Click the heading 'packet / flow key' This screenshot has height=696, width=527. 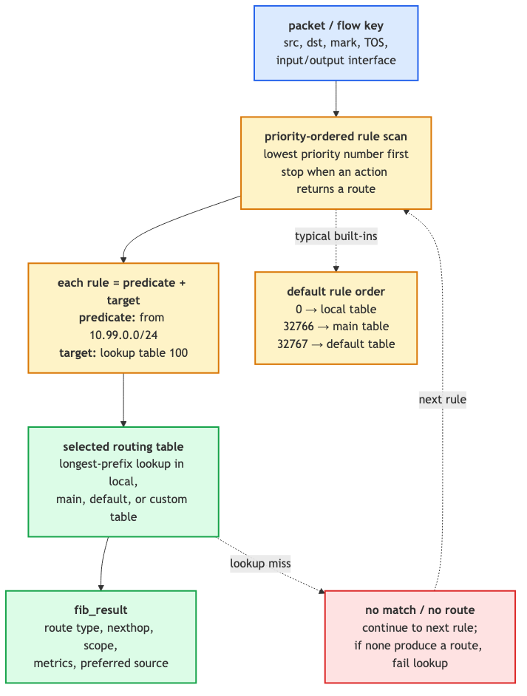click(x=336, y=26)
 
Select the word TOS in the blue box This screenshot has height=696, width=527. click(x=375, y=43)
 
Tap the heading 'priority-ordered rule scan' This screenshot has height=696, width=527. click(x=336, y=136)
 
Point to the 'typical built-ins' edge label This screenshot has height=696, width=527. click(x=336, y=236)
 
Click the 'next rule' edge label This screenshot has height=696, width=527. click(x=443, y=400)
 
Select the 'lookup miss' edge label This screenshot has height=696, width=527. click(x=260, y=563)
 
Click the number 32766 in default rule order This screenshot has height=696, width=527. click(x=299, y=327)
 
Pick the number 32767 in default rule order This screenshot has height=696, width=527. click(x=292, y=344)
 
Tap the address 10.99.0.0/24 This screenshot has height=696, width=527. click(x=123, y=335)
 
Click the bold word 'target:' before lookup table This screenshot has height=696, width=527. click(x=78, y=353)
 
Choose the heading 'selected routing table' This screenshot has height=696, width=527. click(x=123, y=446)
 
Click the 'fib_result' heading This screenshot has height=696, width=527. click(x=101, y=610)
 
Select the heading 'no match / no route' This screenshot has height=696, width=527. click(x=420, y=610)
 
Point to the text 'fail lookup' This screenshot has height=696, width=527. click(x=420, y=663)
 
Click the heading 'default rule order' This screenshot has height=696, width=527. click(x=336, y=292)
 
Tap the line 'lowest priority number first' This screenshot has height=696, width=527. click(x=336, y=154)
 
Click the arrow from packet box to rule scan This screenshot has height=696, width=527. click(x=336, y=98)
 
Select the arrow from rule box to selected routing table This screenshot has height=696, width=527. click(x=123, y=400)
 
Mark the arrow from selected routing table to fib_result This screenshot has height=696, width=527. click(x=103, y=564)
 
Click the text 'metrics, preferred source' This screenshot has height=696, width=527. click(x=101, y=663)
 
